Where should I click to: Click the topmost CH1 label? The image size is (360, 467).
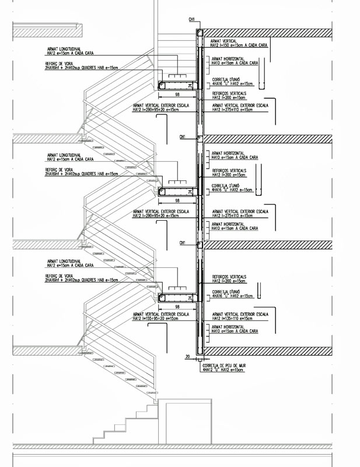pyautogui.click(x=191, y=19)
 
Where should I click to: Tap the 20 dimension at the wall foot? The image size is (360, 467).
pyautogui.click(x=187, y=356)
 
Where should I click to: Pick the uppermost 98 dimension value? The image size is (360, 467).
pyautogui.click(x=176, y=94)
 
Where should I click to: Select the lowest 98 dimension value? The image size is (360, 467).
pyautogui.click(x=176, y=305)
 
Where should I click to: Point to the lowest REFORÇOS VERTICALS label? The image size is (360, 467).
pyautogui.click(x=229, y=277)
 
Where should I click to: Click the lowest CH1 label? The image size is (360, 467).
pyautogui.click(x=183, y=242)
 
